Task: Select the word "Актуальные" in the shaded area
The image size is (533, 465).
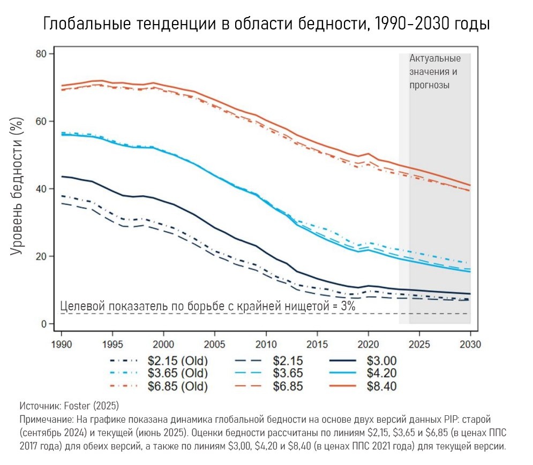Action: (435, 58)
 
